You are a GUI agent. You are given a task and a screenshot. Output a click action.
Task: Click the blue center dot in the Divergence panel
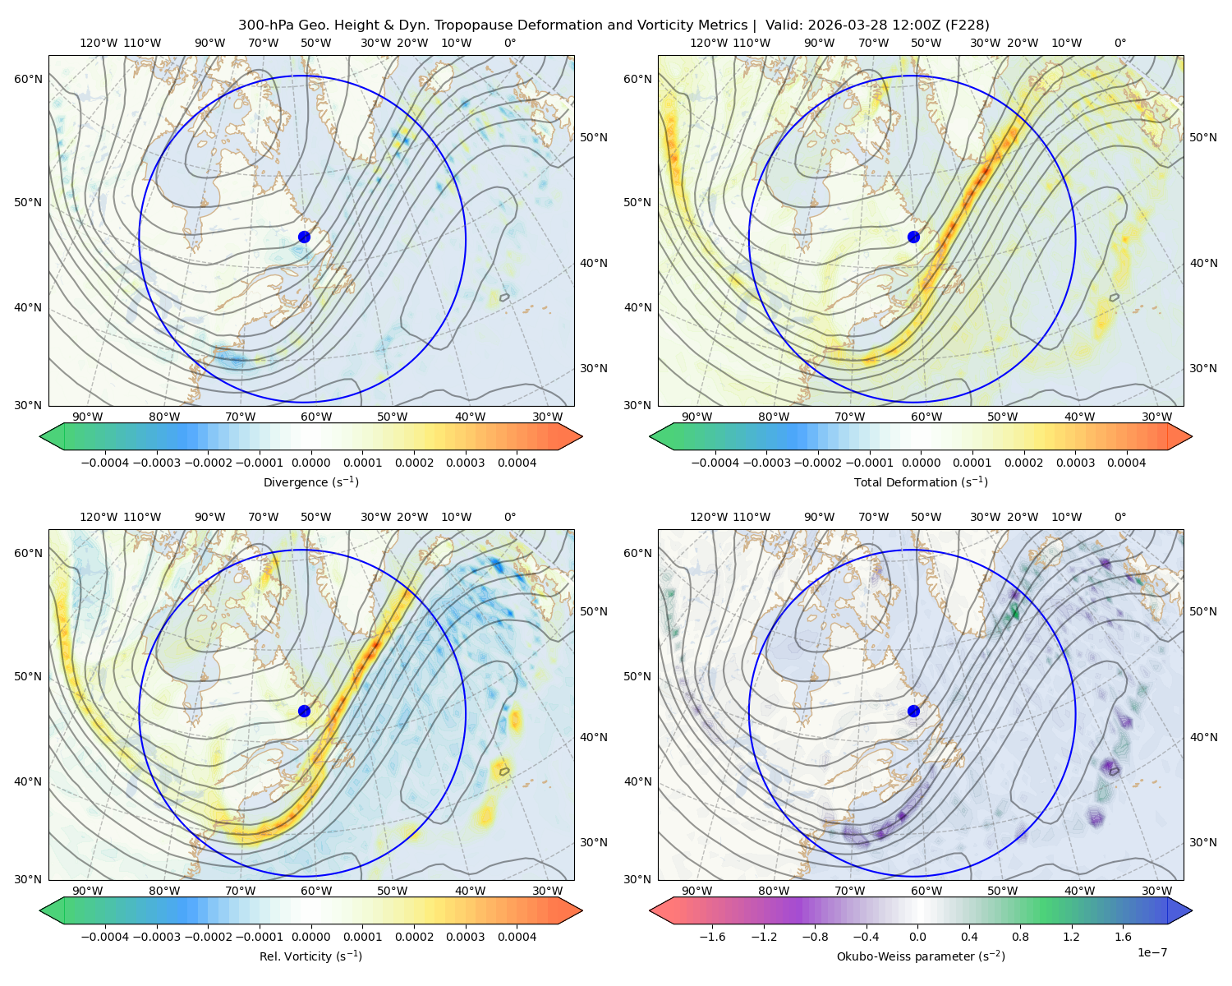(304, 237)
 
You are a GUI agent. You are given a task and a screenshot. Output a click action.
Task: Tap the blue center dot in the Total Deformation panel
(913, 237)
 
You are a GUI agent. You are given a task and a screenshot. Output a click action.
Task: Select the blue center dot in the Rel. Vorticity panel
(304, 711)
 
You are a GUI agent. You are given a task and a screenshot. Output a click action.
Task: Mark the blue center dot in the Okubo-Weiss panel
(913, 711)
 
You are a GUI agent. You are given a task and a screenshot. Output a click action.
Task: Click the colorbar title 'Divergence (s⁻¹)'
(310, 481)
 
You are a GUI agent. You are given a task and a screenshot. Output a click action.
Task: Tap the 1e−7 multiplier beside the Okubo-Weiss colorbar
(1152, 952)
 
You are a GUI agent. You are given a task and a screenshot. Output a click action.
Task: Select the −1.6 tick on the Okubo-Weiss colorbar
(712, 937)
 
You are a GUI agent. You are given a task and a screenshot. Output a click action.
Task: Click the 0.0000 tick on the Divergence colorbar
(310, 463)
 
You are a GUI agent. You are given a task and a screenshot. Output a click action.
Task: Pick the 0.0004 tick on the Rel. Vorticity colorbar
(517, 937)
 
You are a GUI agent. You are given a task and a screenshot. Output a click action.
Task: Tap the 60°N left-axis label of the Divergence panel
(28, 79)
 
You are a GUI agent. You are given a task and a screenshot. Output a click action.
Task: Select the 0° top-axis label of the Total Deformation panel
(1119, 43)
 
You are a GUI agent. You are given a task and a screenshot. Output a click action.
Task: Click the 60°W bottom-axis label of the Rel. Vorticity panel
(316, 891)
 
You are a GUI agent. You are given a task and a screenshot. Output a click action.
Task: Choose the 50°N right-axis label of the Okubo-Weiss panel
(1202, 611)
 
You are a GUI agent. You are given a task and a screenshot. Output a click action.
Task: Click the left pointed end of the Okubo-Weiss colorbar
(650, 910)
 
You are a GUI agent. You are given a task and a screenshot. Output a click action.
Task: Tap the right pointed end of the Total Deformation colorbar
(1192, 436)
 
